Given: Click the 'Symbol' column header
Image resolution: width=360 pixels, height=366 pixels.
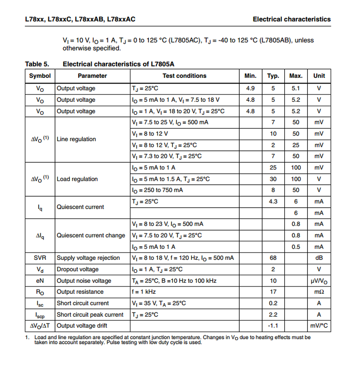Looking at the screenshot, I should (40, 76).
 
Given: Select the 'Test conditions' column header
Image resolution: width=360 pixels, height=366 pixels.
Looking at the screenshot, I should (184, 76).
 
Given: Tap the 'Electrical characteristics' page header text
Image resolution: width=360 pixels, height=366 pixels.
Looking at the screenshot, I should (291, 19).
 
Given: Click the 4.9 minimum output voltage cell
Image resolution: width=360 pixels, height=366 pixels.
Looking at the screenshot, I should (250, 88).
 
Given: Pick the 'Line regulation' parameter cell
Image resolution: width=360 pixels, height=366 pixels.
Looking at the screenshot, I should (76, 139).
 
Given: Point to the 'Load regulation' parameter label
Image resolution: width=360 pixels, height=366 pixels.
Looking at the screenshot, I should (77, 179).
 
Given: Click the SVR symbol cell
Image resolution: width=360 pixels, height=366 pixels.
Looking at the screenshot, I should (40, 258).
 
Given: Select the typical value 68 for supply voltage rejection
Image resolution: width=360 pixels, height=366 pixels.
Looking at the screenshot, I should (273, 258).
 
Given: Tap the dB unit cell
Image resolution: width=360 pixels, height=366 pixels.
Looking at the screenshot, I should (319, 258).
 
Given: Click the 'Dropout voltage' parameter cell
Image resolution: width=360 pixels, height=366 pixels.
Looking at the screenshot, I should (77, 269).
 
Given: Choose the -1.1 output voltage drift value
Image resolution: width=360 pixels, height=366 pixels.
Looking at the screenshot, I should (273, 326).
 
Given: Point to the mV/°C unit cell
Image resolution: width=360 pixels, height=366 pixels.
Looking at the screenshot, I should (319, 326).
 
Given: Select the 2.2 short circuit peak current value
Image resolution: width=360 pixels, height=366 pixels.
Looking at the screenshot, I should (273, 315).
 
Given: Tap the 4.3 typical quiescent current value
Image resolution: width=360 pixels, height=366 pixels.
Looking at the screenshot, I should (273, 202).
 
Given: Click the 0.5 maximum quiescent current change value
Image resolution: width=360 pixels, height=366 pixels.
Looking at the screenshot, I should (296, 247).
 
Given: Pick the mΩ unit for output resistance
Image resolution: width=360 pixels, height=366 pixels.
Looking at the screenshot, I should (319, 292).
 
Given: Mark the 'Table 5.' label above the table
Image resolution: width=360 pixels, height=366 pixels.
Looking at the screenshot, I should (37, 64).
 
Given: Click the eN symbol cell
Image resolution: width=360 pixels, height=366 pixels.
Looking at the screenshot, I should (40, 281).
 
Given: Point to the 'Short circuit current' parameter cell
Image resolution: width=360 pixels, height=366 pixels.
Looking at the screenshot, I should (83, 303).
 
